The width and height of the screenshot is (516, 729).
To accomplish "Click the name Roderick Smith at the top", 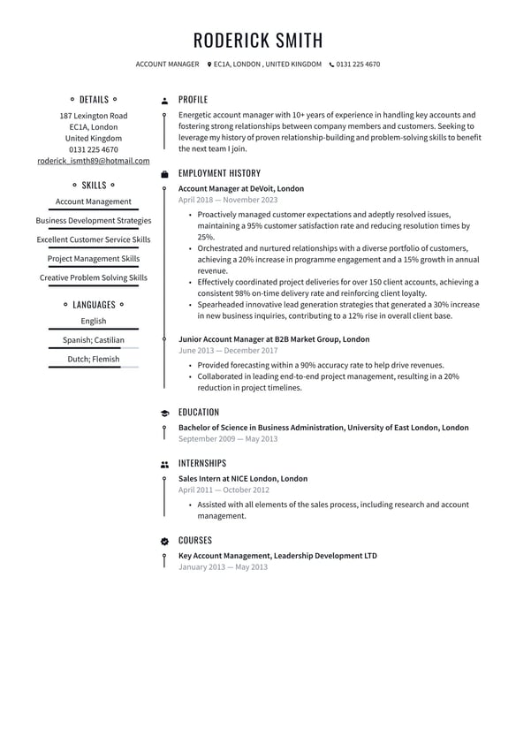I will click(x=258, y=40).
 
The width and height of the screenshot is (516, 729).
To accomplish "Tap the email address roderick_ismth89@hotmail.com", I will click(x=93, y=162).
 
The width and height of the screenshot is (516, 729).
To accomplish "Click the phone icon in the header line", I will click(x=332, y=65).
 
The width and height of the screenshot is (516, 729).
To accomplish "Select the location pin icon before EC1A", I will click(x=209, y=65).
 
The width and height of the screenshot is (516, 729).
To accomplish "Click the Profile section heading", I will click(x=193, y=100).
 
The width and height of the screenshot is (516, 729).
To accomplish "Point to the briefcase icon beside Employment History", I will click(x=164, y=174).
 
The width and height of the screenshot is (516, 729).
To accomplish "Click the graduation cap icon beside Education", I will click(x=164, y=413).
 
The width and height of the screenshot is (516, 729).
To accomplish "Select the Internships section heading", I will click(x=201, y=463).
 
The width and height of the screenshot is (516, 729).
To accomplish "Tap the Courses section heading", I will click(x=194, y=540).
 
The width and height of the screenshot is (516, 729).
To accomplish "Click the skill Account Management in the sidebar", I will click(x=93, y=201).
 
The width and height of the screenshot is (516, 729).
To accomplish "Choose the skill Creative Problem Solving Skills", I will click(x=93, y=277).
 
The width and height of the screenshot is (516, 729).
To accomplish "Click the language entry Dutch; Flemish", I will click(x=93, y=360).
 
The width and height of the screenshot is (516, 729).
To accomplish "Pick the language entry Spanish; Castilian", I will click(x=93, y=340).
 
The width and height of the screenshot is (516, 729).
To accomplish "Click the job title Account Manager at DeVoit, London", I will click(x=240, y=188).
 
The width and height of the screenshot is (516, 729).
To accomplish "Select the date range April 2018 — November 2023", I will click(x=227, y=201).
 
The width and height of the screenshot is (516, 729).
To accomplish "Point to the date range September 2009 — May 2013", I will click(x=227, y=439).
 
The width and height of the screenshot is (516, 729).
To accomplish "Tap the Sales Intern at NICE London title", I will click(x=243, y=479).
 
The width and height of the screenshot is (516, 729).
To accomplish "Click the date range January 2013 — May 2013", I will click(x=223, y=567).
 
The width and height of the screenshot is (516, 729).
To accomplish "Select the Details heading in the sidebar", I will click(x=94, y=100).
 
